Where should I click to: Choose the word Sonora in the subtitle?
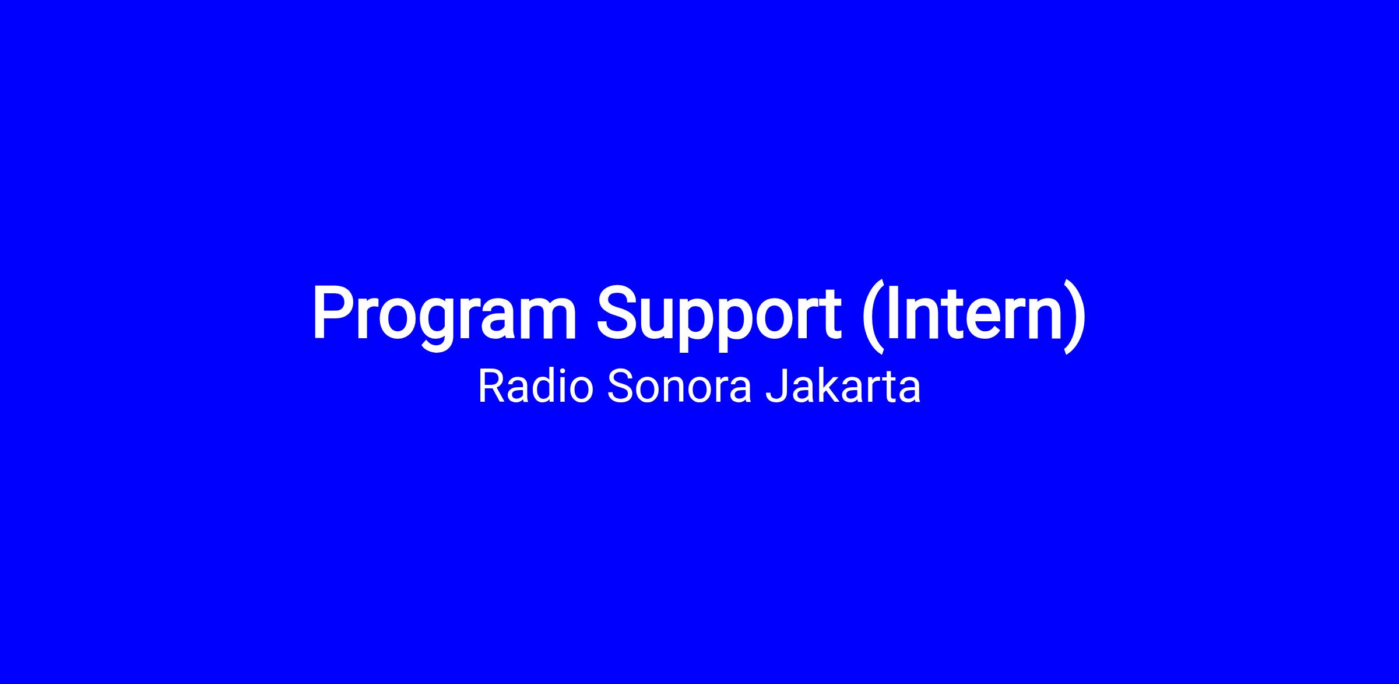click(x=680, y=387)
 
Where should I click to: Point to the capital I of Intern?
click(x=891, y=312)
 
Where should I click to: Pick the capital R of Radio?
click(x=492, y=386)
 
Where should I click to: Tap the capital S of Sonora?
click(x=620, y=386)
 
